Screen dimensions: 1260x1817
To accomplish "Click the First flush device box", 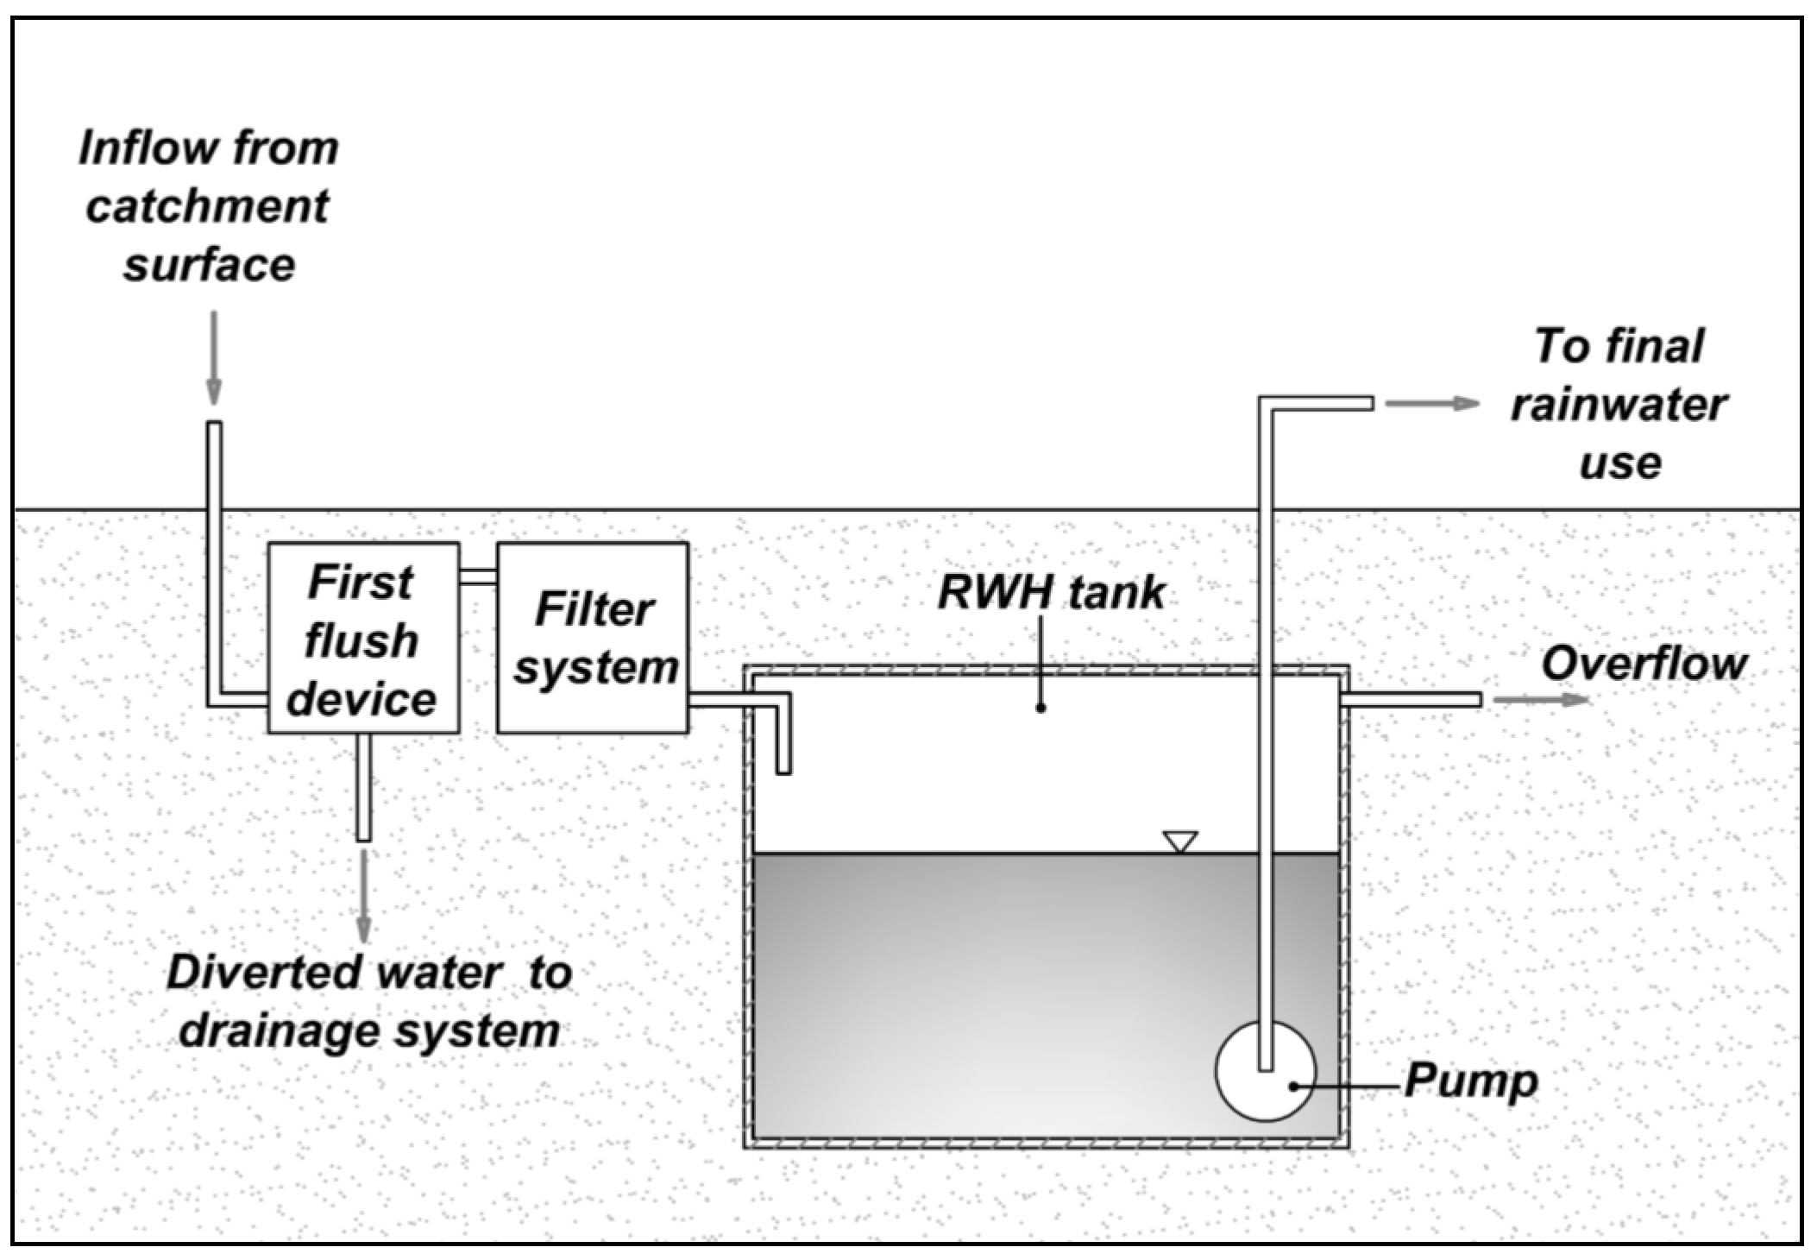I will pos(363,639).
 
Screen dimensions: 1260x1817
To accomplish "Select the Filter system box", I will pos(593,639).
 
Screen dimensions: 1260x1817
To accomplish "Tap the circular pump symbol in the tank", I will pos(1265,1071).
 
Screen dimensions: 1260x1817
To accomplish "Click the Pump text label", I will pos(1471,1080).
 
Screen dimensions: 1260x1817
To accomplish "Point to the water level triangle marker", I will pos(1179,841).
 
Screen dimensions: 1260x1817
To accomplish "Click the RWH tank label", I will pos(1051,593).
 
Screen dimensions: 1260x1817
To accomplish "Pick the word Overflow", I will pos(1644,665).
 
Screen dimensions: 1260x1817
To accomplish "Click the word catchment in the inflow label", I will pos(208,207).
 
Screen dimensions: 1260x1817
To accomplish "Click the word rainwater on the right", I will pos(1619,405).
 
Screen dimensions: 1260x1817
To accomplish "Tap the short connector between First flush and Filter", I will pos(478,576).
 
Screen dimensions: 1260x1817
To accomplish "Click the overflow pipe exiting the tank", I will pos(1411,700).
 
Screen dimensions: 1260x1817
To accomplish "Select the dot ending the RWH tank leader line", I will pos(1041,708).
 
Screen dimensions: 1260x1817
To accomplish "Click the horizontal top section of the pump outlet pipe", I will pos(1316,403).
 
